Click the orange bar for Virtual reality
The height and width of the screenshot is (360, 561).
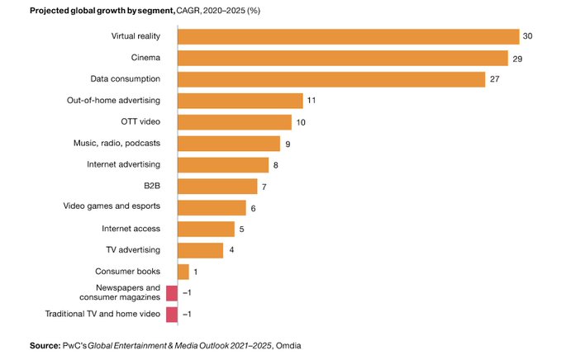pyautogui.click(x=348, y=36)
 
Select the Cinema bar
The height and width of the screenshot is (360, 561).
pyautogui.click(x=342, y=58)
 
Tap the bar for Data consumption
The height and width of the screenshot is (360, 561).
pyautogui.click(x=330, y=79)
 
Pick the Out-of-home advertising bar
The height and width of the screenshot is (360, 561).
pyautogui.click(x=240, y=101)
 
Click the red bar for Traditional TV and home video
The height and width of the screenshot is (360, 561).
pyautogui.click(x=172, y=315)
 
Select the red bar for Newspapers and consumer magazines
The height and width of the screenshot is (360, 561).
pyautogui.click(x=172, y=293)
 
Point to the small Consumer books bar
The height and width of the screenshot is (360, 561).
pyautogui.click(x=183, y=272)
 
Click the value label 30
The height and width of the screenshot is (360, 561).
pyautogui.click(x=527, y=36)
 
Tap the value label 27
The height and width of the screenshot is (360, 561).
pyautogui.click(x=494, y=79)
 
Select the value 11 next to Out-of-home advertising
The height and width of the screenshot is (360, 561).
pyautogui.click(x=311, y=101)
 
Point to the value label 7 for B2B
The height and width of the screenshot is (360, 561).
pyautogui.click(x=264, y=186)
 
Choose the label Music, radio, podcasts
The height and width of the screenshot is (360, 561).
pyautogui.click(x=117, y=143)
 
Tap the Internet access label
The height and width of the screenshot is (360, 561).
pyautogui.click(x=131, y=229)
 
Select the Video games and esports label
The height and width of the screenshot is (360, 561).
pyautogui.click(x=112, y=207)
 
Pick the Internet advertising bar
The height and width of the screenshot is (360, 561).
pyautogui.click(x=222, y=164)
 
